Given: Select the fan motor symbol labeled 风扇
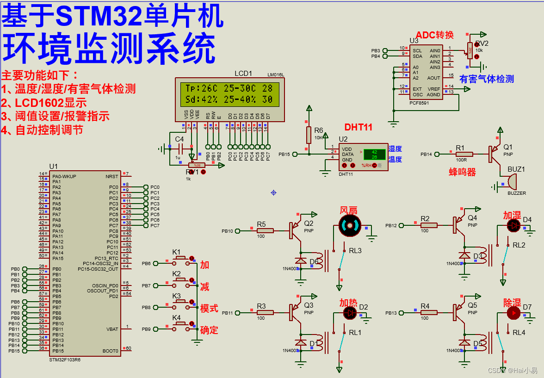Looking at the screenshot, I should coord(349,225).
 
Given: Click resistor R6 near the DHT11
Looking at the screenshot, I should coord(309,135).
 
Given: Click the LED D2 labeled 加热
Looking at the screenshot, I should coord(350,313).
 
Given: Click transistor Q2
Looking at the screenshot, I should coord(295,230).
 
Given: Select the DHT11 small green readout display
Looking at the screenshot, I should coord(374,155).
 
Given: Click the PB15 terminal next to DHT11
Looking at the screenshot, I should coord(294,155).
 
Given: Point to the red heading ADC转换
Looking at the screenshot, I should coord(434,35).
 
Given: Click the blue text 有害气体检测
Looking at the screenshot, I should coord(486,79).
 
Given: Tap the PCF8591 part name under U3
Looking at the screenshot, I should coord(419,103).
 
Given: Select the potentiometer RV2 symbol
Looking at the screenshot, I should coord(470,51).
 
